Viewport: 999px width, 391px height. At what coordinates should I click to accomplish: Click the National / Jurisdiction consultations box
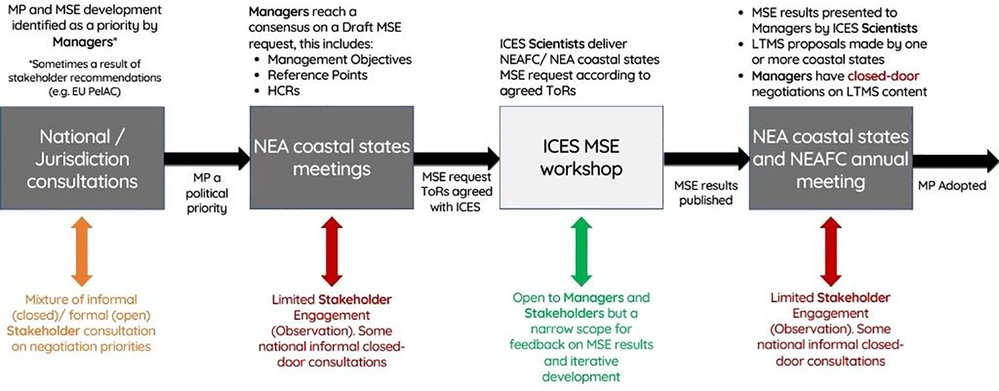(x=82, y=158)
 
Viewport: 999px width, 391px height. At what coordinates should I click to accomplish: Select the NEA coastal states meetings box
(x=332, y=158)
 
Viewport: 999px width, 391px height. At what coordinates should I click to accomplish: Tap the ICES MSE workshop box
(x=581, y=158)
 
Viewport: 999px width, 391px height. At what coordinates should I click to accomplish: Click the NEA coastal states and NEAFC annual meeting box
(x=830, y=158)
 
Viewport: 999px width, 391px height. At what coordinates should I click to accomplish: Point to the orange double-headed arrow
(x=82, y=251)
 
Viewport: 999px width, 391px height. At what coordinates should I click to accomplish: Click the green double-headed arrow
(x=581, y=251)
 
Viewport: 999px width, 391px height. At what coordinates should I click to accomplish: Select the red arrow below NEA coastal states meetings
(x=332, y=251)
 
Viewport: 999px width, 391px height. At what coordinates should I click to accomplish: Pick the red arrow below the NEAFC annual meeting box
(x=830, y=251)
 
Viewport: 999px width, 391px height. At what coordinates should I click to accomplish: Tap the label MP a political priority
(x=207, y=193)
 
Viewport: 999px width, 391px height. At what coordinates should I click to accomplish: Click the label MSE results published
(x=705, y=193)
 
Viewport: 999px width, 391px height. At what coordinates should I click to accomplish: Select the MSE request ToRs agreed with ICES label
(x=456, y=192)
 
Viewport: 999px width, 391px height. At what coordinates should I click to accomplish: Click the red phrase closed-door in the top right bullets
(x=883, y=76)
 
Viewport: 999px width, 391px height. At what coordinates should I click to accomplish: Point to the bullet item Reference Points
(x=317, y=75)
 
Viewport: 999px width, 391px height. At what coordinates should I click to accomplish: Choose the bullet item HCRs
(x=283, y=91)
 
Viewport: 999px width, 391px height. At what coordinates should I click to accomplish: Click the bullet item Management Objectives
(x=339, y=59)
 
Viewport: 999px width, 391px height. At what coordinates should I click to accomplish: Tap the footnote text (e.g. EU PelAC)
(x=85, y=92)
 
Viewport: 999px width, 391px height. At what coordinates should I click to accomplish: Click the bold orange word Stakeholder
(x=43, y=331)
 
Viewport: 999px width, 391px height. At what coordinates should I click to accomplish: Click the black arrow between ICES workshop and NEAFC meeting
(x=706, y=159)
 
